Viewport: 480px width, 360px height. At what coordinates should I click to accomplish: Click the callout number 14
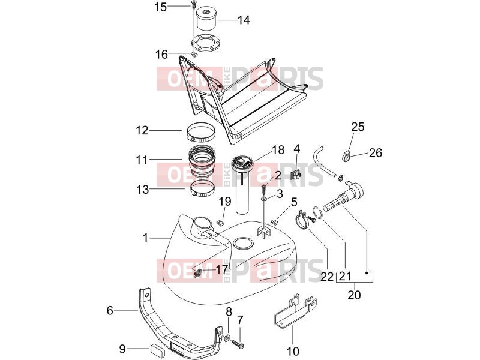(244, 20)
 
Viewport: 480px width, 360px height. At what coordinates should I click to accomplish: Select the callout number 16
(161, 55)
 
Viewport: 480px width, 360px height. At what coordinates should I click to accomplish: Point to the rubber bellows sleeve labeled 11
(202, 161)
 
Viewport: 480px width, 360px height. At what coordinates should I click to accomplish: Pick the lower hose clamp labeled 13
(203, 189)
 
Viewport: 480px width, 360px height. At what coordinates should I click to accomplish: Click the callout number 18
(278, 149)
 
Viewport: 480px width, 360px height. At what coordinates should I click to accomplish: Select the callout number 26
(376, 152)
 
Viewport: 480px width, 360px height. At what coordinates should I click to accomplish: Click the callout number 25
(358, 127)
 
